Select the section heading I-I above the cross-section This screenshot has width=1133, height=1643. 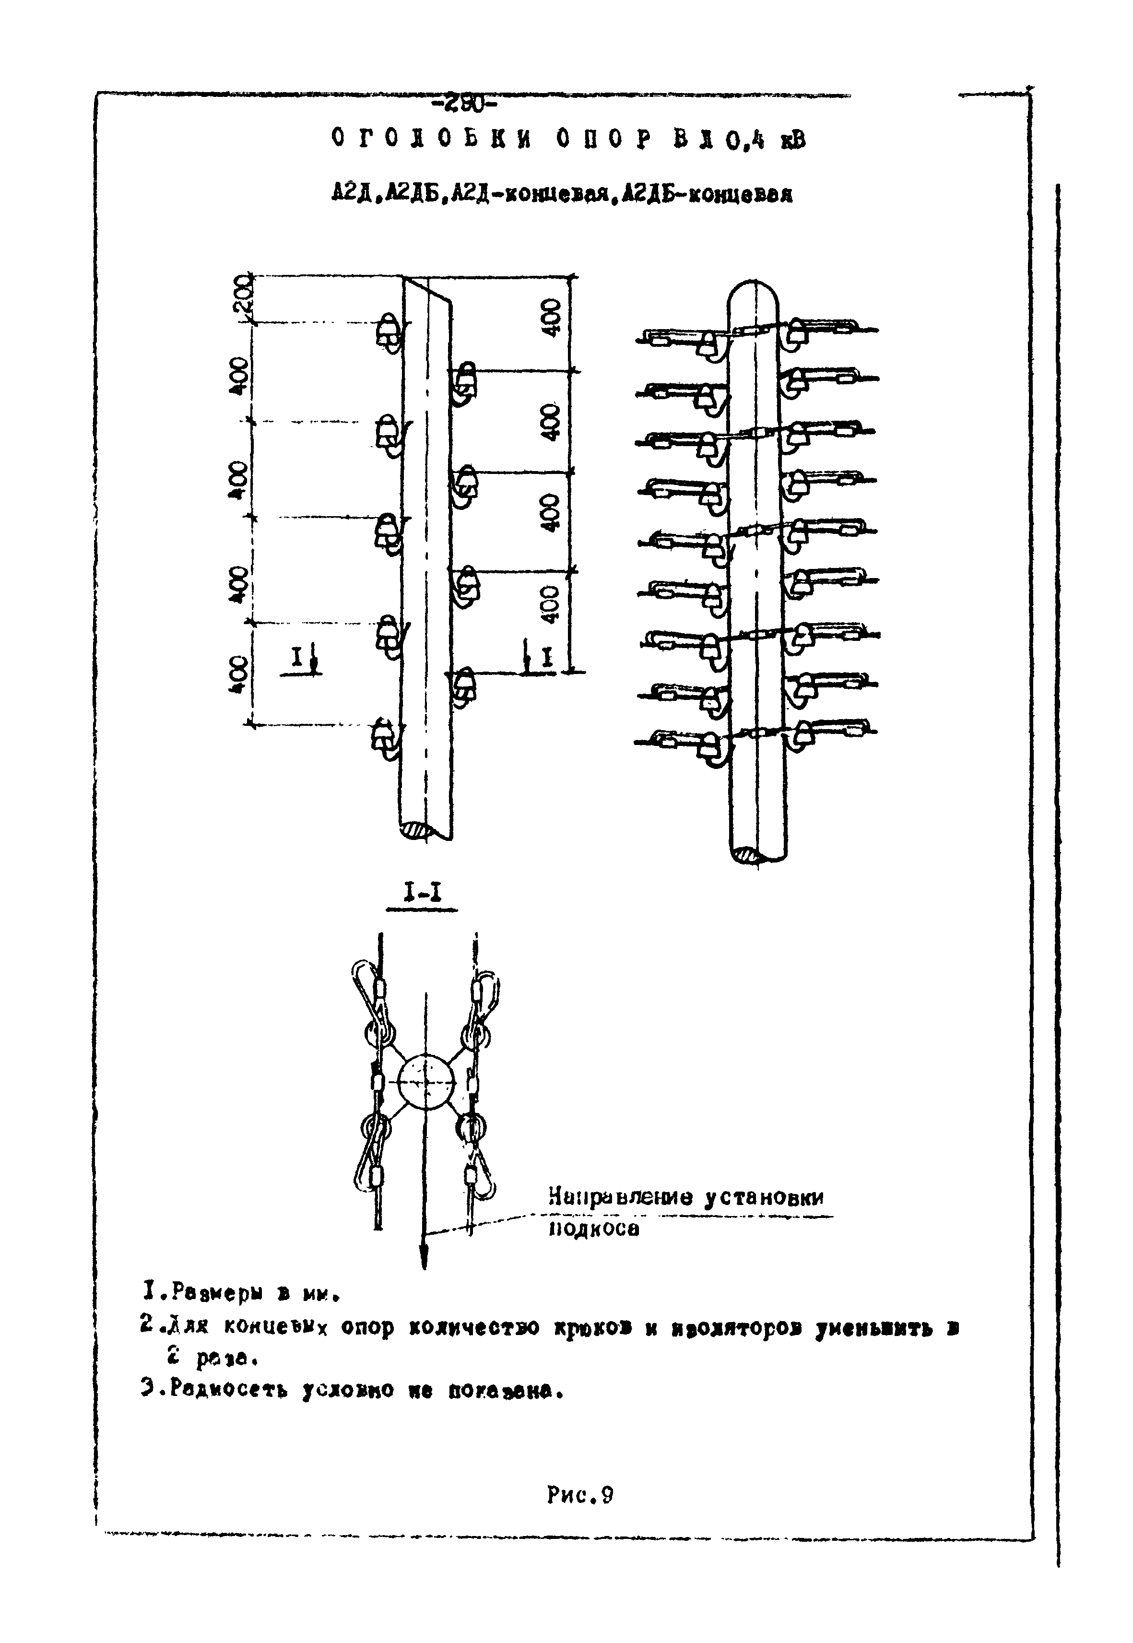[422, 893]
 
